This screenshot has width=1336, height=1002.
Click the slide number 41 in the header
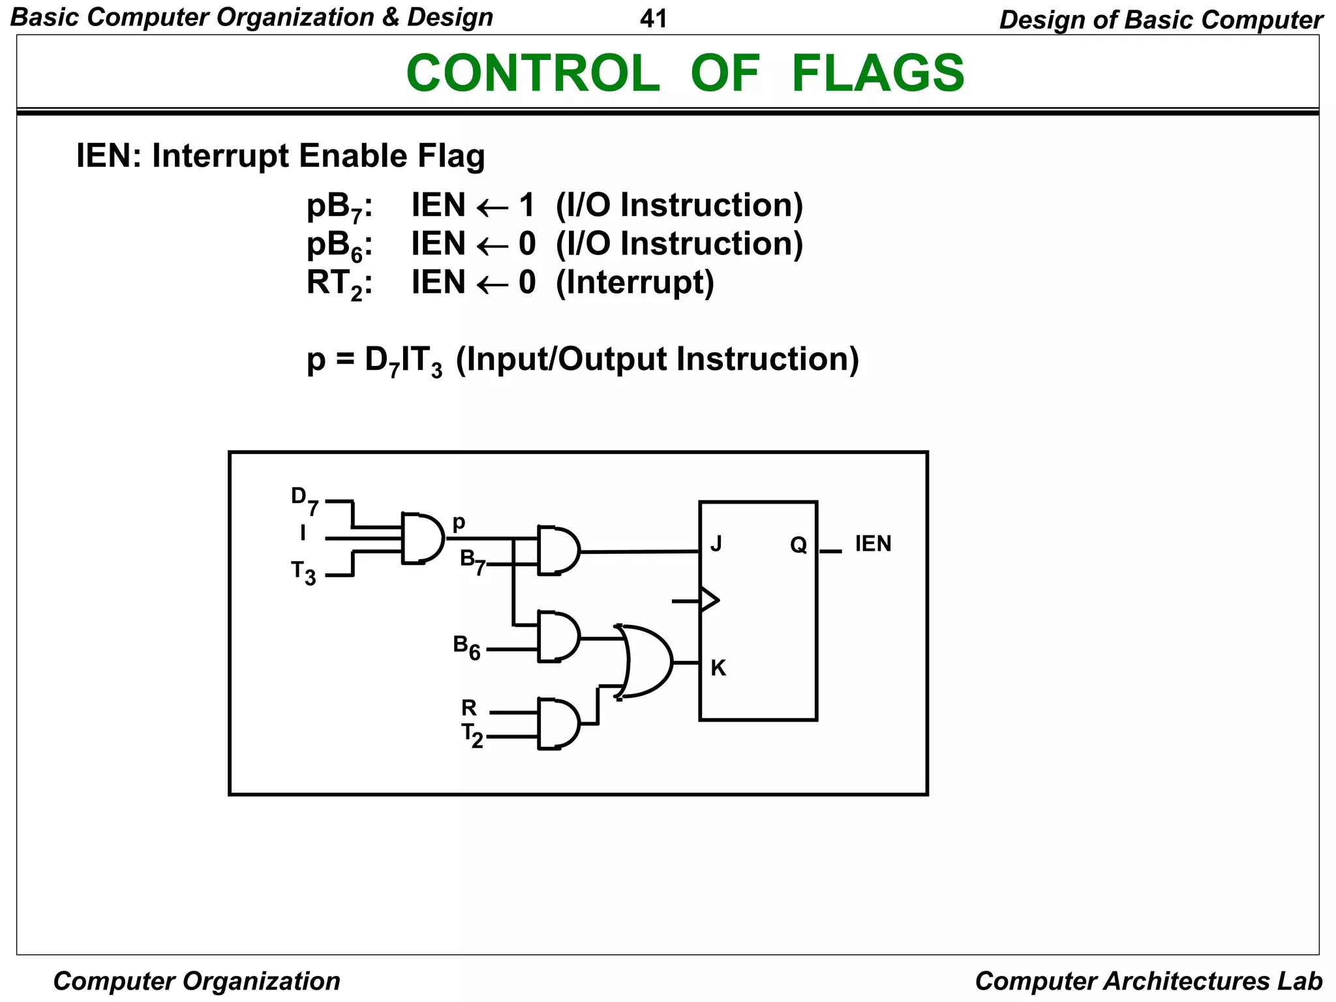653,18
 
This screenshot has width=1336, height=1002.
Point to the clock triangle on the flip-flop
709,600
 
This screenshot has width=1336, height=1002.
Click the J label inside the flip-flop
716,543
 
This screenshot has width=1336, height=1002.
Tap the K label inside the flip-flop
718,668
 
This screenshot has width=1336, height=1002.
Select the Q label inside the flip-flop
798,545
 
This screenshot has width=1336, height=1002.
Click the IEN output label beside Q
873,543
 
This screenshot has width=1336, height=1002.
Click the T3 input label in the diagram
303,573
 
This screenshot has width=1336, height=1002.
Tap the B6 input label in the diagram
466,647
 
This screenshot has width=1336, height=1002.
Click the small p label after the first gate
459,523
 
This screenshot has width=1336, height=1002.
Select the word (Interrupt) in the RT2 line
635,282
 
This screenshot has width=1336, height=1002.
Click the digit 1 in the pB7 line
526,205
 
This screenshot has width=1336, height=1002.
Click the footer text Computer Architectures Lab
1148,980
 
